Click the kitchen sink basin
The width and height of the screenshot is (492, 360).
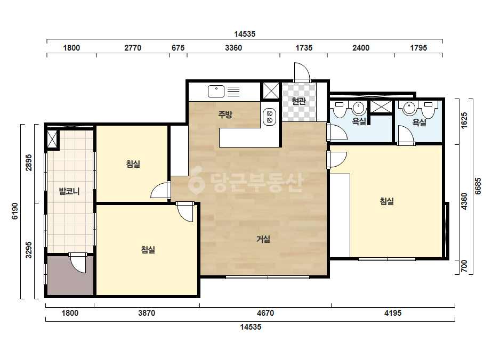coord(216,91)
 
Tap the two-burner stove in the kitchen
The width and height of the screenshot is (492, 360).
coord(269,117)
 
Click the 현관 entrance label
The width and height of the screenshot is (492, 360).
coord(299,101)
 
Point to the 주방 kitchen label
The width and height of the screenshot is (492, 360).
coord(225,114)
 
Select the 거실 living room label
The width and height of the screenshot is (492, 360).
coord(263,239)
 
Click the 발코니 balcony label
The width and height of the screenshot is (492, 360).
coord(69,191)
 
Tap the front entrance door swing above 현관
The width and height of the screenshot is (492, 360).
coord(302,72)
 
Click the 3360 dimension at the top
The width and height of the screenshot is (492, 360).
coord(233,48)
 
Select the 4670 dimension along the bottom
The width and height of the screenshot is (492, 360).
coord(265,313)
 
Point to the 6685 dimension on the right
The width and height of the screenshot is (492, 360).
coord(478,186)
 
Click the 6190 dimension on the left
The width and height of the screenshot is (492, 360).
coord(15,211)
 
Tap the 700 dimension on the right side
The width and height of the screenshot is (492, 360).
coord(464,266)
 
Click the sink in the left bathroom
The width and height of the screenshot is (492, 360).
coord(359,108)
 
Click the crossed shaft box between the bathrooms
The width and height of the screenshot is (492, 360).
coord(381,107)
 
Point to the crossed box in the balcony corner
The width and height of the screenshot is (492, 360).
coord(52,138)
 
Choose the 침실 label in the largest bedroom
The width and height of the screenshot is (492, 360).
coord(386,201)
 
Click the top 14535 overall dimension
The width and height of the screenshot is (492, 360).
coord(245,34)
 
